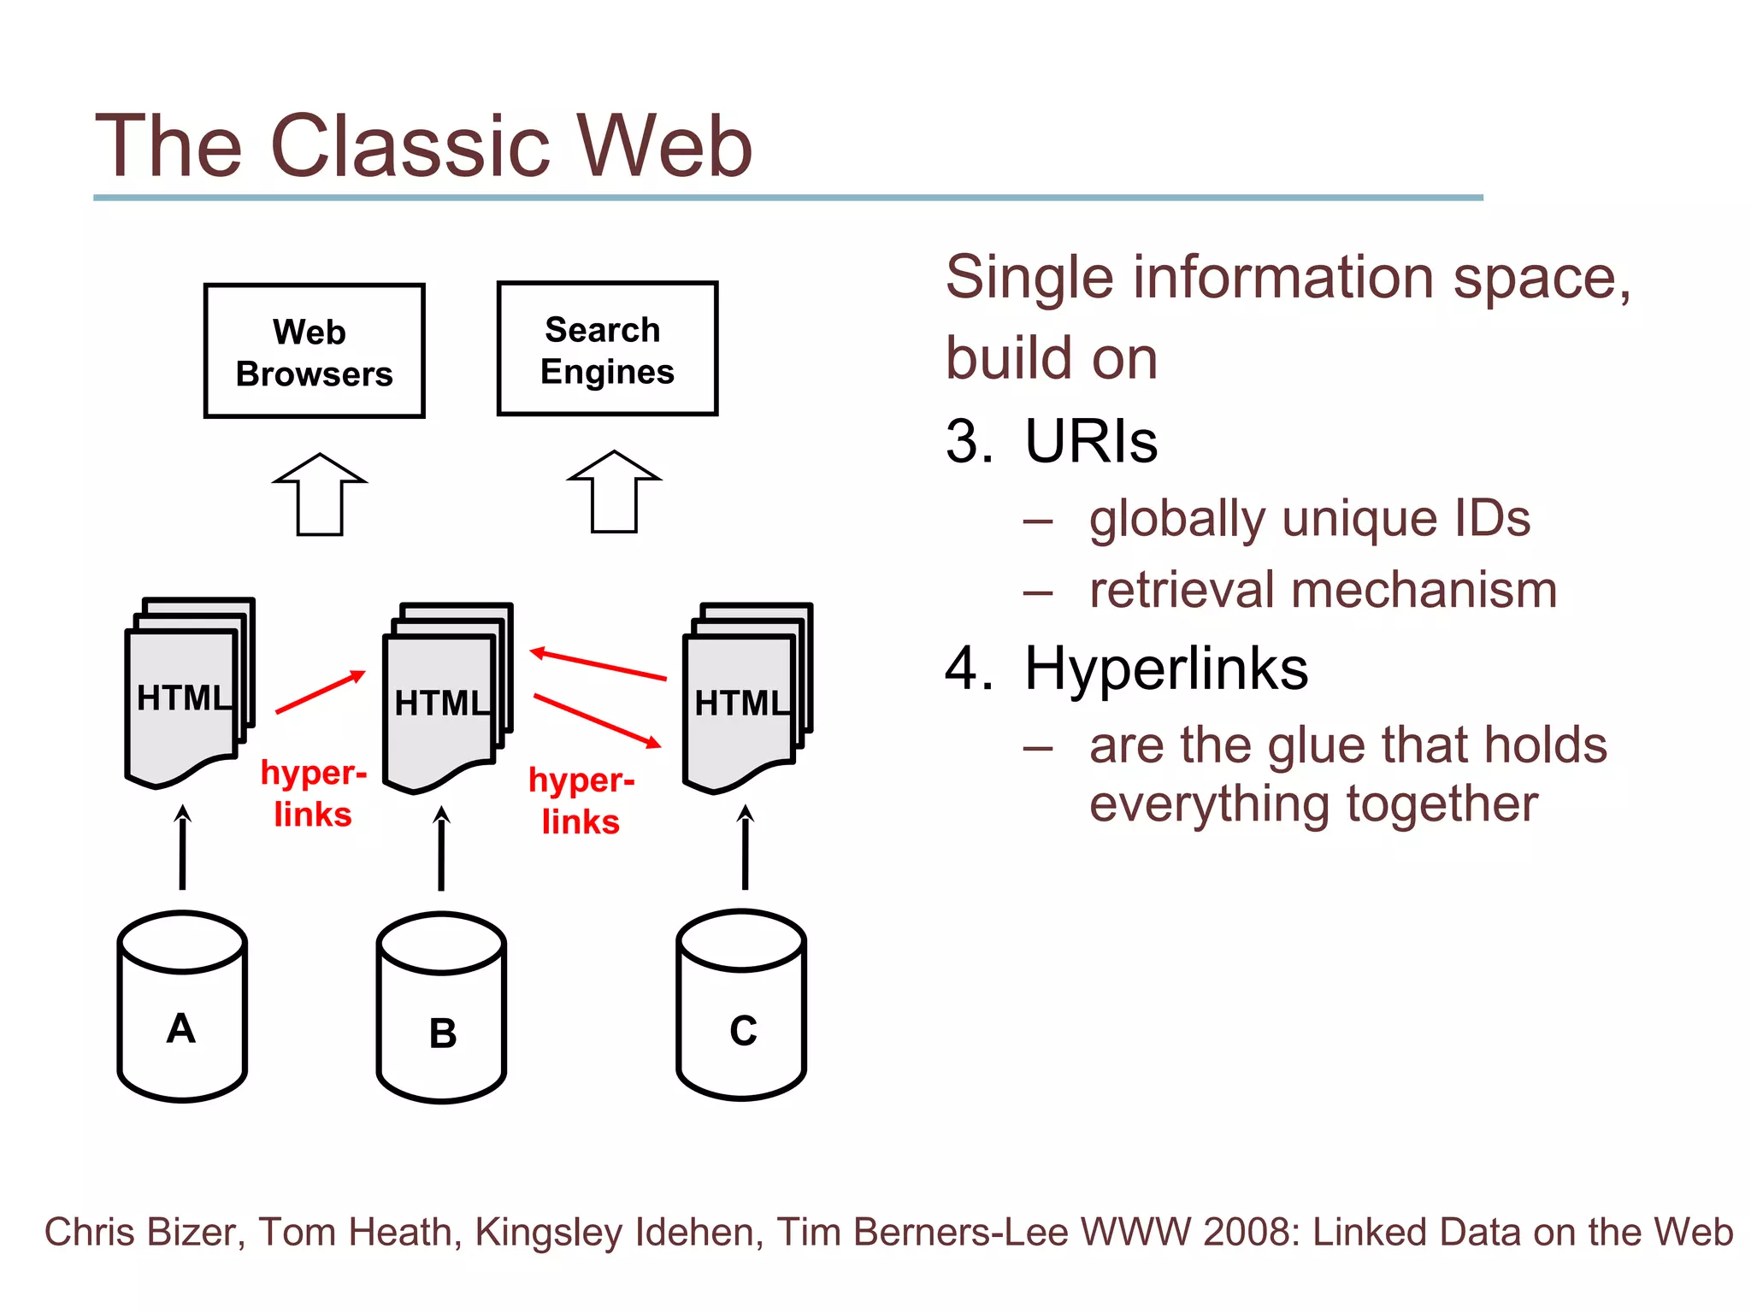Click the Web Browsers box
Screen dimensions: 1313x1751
314,350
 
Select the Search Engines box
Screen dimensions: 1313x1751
607,348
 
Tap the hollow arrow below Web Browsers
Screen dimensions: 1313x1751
320,495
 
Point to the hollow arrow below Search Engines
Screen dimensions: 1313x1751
614,492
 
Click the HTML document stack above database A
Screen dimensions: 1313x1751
188,692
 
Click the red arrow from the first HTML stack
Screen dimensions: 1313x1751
320,692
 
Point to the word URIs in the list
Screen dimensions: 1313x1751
1091,442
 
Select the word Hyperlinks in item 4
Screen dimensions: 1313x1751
1166,668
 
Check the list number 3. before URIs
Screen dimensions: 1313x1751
969,442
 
